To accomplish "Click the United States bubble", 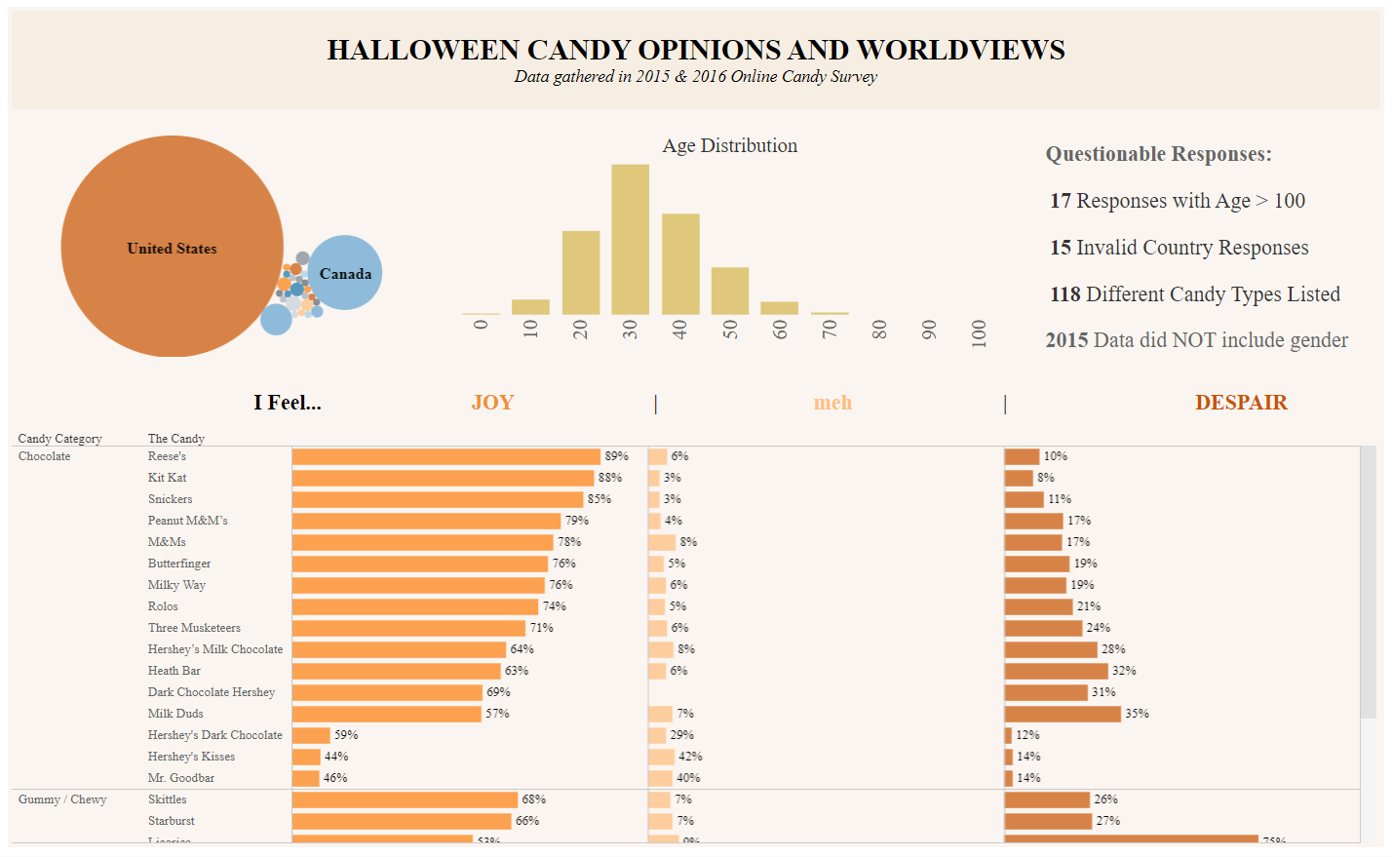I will coord(172,247).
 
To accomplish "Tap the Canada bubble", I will coord(345,273).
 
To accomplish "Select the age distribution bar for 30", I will coord(630,240).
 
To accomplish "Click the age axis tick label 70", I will coord(830,330).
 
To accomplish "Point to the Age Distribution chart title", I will coord(729,146).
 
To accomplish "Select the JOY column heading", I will coord(492,403).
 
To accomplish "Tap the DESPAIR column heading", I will coord(1241,403).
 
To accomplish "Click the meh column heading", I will coord(832,403).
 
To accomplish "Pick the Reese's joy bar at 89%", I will coord(445,456).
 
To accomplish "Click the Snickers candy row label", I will coord(171,499).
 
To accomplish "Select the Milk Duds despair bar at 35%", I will coord(1063,714).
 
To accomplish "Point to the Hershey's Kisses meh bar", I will coord(662,757).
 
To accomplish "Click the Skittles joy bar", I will coord(405,799).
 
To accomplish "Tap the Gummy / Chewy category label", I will coord(62,799).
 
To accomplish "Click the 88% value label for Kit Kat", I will coord(610,478).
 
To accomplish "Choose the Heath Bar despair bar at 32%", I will coord(1057,671).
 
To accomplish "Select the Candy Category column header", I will coord(59,439).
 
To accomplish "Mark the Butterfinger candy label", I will coord(179,564).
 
